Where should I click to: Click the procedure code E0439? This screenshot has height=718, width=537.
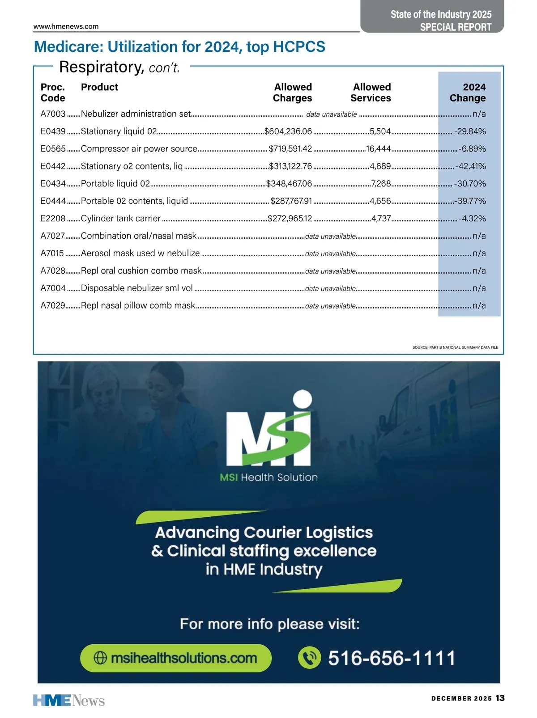pos(53,131)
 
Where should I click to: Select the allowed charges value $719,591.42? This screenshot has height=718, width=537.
pos(290,149)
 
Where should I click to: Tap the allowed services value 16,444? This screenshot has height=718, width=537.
pos(379,149)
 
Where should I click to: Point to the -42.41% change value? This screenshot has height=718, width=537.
pos(470,166)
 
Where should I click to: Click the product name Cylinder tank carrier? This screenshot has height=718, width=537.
pos(120,219)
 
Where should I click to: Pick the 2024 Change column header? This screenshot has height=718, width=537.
pos(468,93)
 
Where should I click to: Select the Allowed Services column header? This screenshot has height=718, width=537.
pos(371,93)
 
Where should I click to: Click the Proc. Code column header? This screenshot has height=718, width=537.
pos(53,93)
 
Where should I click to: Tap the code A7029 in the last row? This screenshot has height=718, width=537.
pos(53,306)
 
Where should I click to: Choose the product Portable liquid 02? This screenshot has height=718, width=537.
pos(115,184)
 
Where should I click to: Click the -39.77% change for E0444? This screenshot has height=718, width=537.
pos(470,201)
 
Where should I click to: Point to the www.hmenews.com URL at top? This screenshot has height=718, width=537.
pos(66,26)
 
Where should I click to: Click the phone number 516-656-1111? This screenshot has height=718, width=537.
pos(392,658)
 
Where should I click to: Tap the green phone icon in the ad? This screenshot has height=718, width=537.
pos(310,658)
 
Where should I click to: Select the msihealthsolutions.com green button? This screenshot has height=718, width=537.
pos(176,658)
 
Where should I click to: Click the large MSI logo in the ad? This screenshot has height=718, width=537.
pos(268,429)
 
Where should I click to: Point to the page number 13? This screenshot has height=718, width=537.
pos(500,698)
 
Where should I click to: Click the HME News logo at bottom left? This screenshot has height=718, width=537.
pos(69,700)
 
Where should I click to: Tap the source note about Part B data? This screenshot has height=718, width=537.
pos(455,347)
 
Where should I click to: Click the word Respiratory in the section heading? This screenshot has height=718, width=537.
pos(101,67)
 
